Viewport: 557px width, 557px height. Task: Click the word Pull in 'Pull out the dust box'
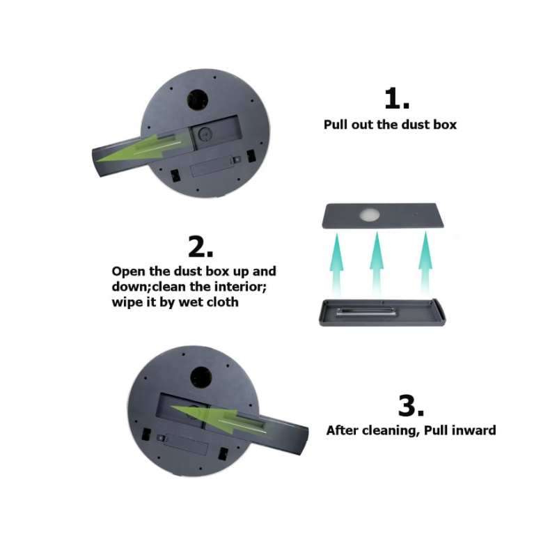pyautogui.click(x=336, y=125)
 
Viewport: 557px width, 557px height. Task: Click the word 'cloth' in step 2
pyautogui.click(x=222, y=302)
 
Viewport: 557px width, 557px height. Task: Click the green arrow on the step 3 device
pyautogui.click(x=218, y=419)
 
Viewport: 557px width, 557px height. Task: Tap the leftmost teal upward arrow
pyautogui.click(x=337, y=265)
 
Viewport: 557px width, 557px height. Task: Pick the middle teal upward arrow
pyautogui.click(x=377, y=264)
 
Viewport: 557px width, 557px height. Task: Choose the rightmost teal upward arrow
pyautogui.click(x=425, y=264)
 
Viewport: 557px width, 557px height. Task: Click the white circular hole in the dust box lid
pyautogui.click(x=370, y=214)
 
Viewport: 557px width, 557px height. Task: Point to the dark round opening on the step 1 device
pyautogui.click(x=198, y=100)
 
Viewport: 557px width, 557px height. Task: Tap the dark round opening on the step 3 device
pyautogui.click(x=201, y=377)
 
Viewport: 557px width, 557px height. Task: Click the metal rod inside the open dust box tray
pyautogui.click(x=366, y=311)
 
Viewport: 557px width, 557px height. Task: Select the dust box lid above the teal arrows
pyautogui.click(x=382, y=216)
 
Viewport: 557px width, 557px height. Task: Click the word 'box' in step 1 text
pyautogui.click(x=445, y=125)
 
